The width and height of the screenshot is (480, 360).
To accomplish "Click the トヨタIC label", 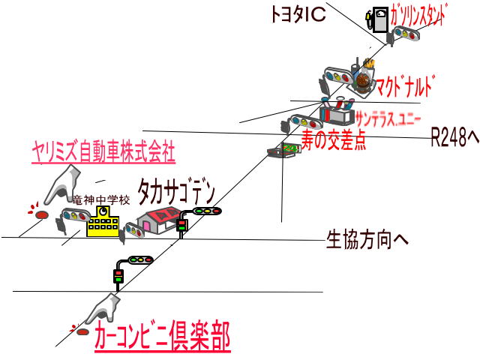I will (298, 15).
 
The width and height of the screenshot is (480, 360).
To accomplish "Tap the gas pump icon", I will (378, 19).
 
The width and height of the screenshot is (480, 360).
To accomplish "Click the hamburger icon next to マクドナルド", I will (362, 79).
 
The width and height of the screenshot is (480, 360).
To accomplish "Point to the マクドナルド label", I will (405, 84).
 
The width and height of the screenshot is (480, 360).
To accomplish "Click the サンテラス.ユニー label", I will (388, 118).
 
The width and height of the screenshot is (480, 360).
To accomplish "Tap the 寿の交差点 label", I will (334, 140).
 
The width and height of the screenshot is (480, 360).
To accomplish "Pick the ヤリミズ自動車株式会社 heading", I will (103, 153).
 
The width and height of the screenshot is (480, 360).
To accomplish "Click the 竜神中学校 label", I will (101, 200).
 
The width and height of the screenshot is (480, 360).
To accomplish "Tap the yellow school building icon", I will (103, 221).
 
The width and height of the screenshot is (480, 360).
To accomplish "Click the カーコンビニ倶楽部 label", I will (162, 337).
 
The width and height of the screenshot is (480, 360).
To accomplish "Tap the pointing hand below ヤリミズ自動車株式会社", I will (64, 184).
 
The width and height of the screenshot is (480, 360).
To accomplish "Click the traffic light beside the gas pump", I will (409, 33).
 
